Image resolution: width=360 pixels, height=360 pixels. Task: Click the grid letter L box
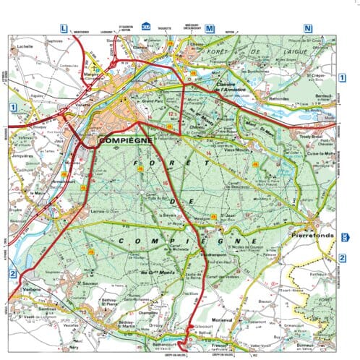point(64,28)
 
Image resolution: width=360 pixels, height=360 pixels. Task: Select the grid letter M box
point(210,28)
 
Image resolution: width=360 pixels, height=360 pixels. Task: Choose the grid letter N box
point(308,28)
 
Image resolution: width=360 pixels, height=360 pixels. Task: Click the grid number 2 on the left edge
point(13,274)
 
